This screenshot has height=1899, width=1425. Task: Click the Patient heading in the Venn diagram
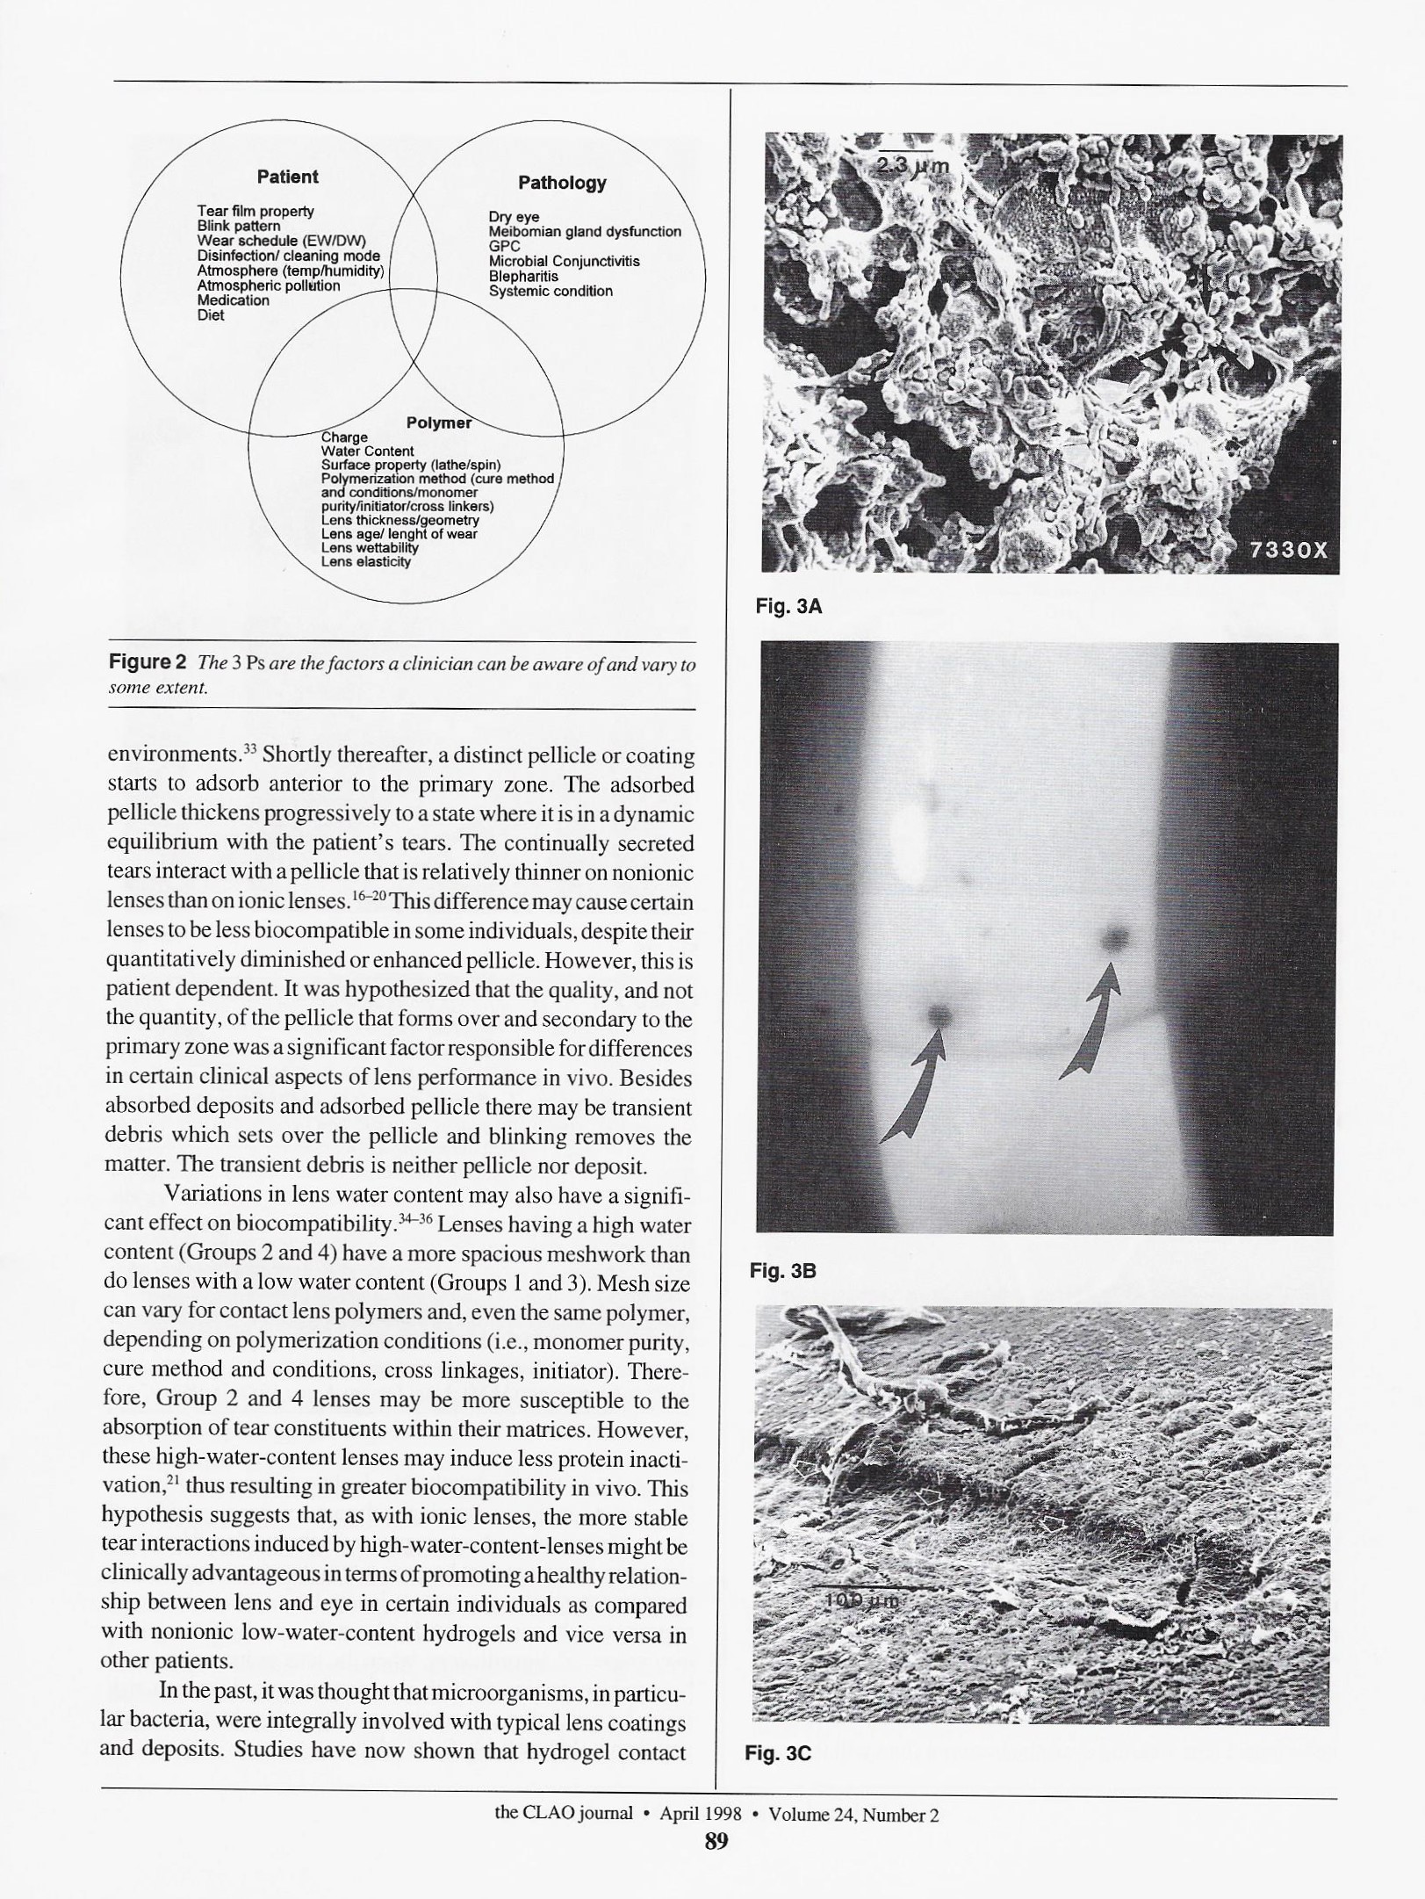click(x=287, y=177)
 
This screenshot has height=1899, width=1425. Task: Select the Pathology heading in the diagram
click(x=562, y=183)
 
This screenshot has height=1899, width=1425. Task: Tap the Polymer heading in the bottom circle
click(x=439, y=422)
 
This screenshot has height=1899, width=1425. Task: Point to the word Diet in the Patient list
click(x=211, y=315)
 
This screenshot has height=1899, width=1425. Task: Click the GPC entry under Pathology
click(x=505, y=247)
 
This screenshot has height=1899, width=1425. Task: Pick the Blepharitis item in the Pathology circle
click(x=523, y=276)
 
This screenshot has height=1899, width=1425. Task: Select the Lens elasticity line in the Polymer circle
click(x=365, y=561)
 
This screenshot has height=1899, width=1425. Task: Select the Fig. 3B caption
click(x=782, y=1270)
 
